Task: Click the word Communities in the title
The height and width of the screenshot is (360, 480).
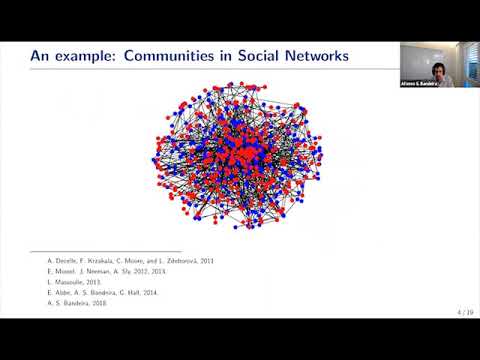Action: tap(176, 57)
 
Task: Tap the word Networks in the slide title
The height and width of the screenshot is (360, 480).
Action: tap(319, 57)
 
